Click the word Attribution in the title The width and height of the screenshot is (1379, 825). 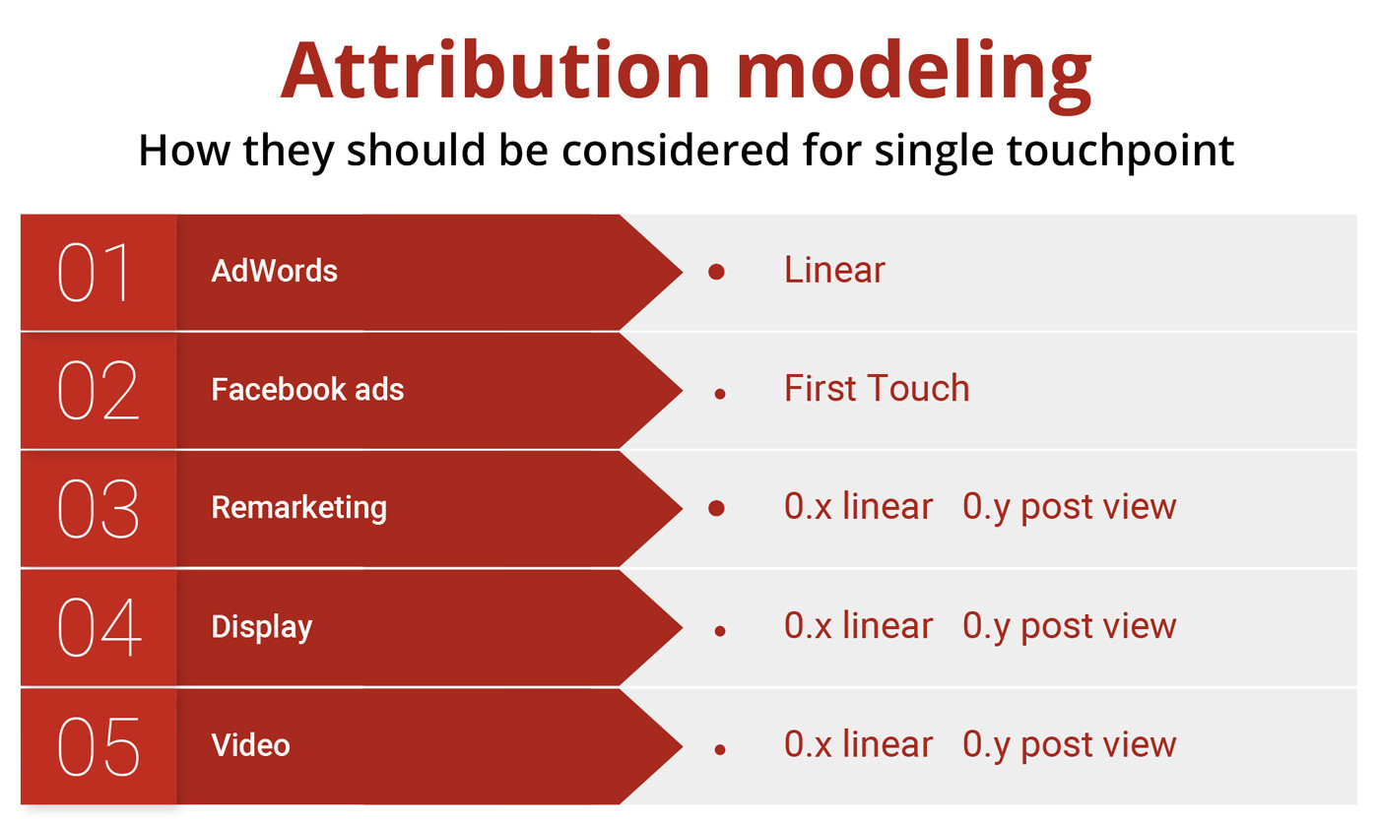tap(496, 69)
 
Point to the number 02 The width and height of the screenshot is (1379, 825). tap(98, 390)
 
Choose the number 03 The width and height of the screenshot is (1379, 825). tap(98, 508)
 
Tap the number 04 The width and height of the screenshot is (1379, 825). tap(99, 627)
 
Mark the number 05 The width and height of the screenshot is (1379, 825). tap(98, 746)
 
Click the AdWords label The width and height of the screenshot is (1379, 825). tap(274, 271)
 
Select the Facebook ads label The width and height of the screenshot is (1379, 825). tap(307, 390)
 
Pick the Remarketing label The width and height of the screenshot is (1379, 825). tap(298, 508)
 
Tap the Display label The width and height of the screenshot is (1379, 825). tap(262, 627)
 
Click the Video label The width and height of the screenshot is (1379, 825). tap(250, 745)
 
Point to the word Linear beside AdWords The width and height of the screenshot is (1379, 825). tap(834, 270)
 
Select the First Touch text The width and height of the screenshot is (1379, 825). tap(877, 388)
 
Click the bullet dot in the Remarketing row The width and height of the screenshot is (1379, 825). tap(716, 508)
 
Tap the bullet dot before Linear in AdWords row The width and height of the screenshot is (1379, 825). tap(716, 272)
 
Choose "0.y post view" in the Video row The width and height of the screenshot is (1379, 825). tap(1070, 745)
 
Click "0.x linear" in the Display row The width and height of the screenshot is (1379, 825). tap(858, 626)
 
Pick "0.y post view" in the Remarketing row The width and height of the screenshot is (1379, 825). tap(1070, 508)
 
